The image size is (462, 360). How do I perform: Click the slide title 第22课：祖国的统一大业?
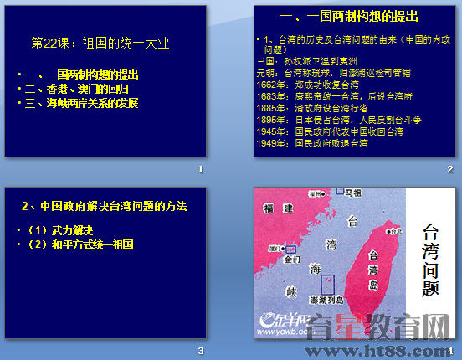[x=100, y=43]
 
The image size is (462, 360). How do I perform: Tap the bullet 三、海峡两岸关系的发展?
[x=83, y=104]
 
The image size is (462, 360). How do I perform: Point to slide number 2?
[x=449, y=169]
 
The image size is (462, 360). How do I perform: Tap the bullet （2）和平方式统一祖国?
[x=82, y=244]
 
